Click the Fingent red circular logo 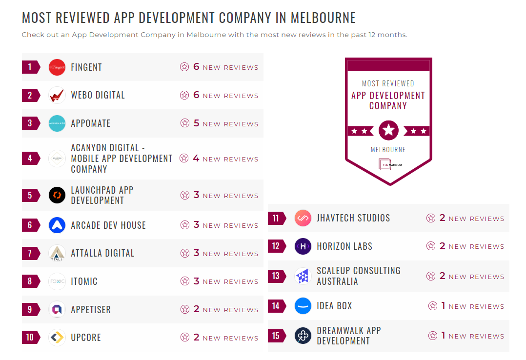57,67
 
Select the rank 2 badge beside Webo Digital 30,95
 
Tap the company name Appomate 91,123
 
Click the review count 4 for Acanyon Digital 196,159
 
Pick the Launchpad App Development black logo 57,196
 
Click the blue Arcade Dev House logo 57,225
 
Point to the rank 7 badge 30,254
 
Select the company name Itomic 84,281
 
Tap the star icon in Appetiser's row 184,309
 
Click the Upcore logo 57,338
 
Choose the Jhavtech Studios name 353,218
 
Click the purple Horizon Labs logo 303,246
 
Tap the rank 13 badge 276,276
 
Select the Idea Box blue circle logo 303,306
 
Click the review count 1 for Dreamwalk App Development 443,336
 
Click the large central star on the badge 388,130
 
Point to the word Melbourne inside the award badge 388,150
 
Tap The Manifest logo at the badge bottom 388,164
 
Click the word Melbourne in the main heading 323,18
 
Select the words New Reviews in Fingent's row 230,68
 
